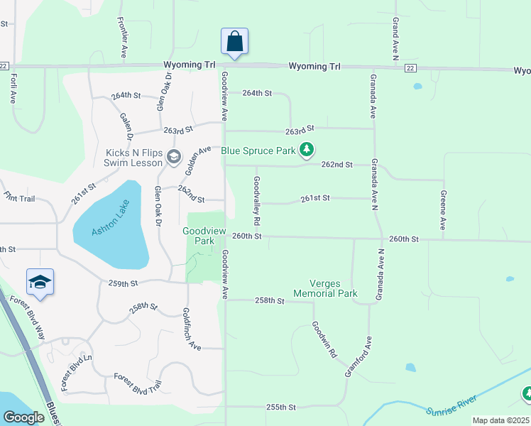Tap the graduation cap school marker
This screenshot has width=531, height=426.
40,283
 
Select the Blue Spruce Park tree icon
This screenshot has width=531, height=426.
306,150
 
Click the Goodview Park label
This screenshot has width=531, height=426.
198,236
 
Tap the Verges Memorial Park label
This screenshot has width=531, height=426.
326,288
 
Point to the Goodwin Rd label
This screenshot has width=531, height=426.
324,339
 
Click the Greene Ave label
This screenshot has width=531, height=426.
442,209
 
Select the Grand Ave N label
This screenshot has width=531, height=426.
395,38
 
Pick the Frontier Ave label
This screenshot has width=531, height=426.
123,42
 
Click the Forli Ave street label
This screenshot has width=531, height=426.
13,89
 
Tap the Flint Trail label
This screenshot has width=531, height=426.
19,197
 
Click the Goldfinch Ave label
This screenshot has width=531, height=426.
192,328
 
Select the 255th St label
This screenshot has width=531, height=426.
280,407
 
